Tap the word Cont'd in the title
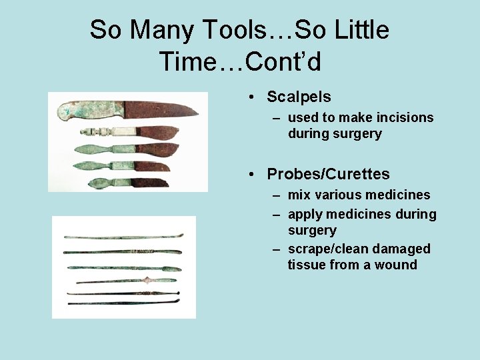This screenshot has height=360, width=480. pos(283,62)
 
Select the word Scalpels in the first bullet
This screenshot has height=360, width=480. pos(299,97)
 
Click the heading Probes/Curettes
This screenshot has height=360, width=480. pos(328,174)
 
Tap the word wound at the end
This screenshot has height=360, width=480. pos(397,265)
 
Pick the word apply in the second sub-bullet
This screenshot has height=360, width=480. pos(305,214)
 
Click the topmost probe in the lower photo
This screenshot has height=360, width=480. pos(123,237)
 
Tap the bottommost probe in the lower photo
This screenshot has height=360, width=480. pos(123,303)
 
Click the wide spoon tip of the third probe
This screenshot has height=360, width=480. pos(170,268)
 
